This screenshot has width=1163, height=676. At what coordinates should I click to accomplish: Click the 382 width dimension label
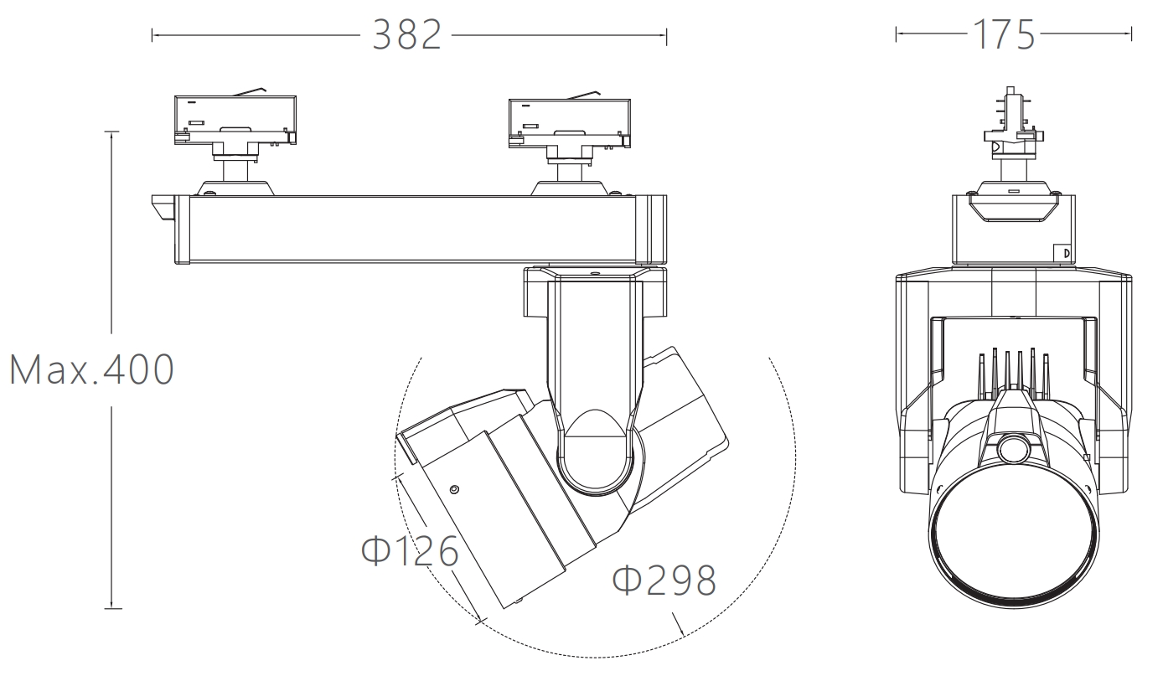407,35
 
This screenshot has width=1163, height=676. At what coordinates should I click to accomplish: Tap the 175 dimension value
1004,35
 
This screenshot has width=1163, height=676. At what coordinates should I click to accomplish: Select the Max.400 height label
91,369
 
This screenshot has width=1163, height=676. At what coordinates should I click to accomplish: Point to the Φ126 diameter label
410,550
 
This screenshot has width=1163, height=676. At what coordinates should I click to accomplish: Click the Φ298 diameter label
664,580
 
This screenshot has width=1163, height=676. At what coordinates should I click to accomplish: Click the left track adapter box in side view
235,120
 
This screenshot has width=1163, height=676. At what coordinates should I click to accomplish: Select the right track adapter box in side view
570,123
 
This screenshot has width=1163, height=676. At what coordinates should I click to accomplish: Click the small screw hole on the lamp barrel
454,489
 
